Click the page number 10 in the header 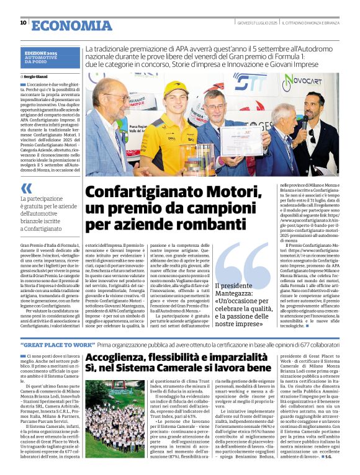23,23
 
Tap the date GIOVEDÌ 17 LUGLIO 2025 256,23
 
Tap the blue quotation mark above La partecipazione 26,188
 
